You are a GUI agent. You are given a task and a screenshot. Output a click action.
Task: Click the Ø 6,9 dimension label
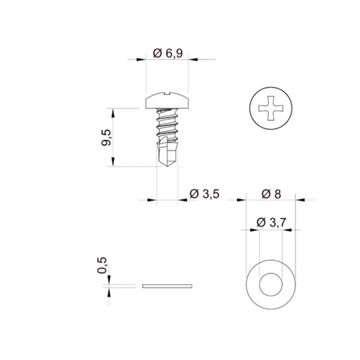pos(168,53)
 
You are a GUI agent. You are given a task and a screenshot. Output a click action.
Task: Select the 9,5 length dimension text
pos(106,137)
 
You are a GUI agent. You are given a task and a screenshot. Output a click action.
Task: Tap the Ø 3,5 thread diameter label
pos(205,194)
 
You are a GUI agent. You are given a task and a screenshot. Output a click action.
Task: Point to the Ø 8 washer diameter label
pos(271,194)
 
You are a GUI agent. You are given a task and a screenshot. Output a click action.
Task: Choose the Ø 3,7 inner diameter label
pos(271,223)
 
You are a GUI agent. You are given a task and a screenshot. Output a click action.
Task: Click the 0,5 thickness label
pos(102,265)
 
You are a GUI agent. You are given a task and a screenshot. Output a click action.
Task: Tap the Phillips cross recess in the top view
pos(271,108)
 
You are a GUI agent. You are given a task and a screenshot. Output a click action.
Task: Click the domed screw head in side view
pos(167,100)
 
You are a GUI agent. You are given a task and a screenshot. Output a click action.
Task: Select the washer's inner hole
pos(271,284)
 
